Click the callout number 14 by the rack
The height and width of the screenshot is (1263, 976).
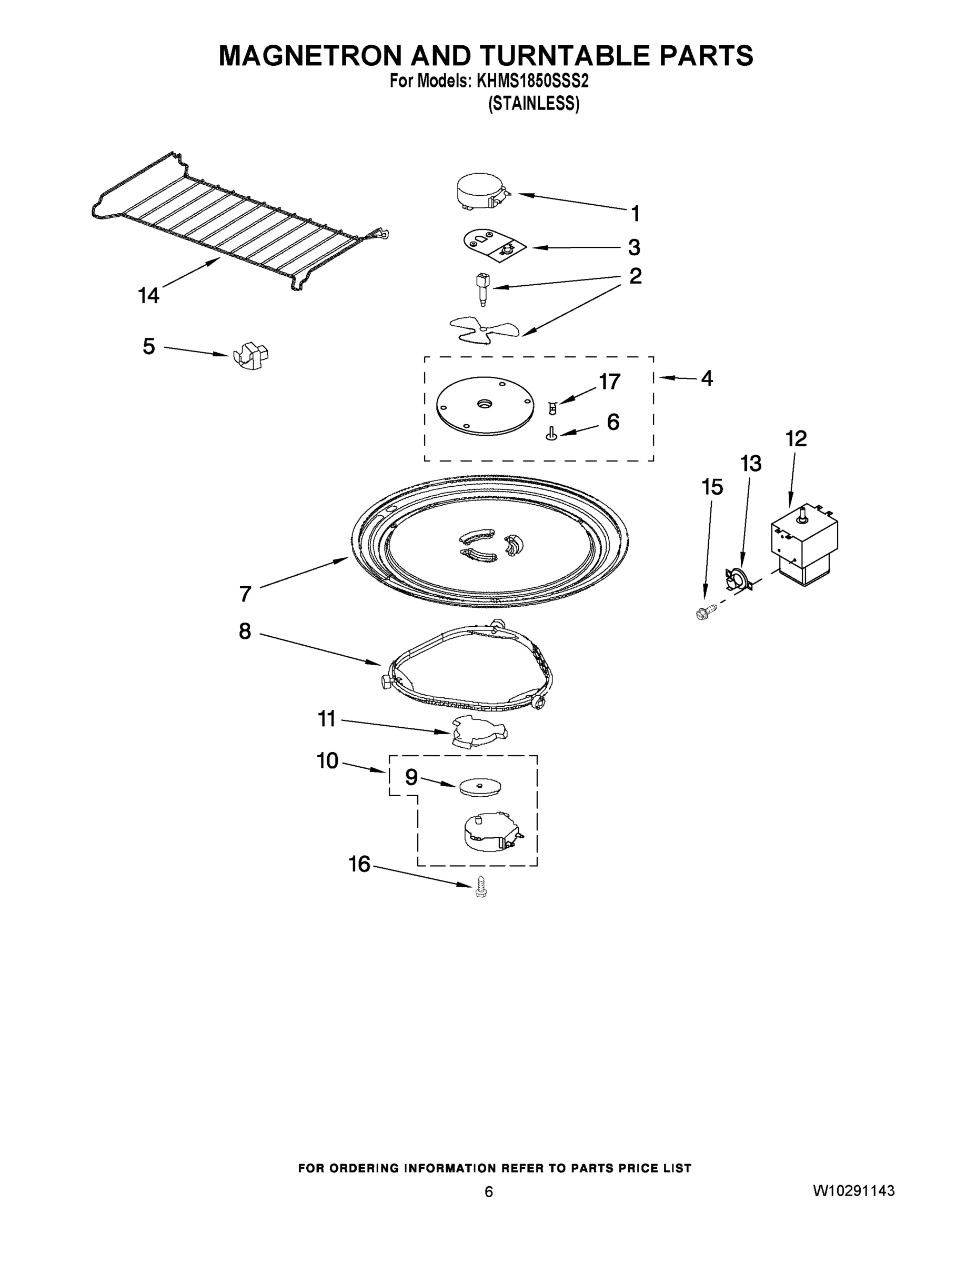coord(148,296)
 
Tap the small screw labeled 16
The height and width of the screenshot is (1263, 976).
coord(479,888)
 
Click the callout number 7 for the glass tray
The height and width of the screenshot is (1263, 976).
coord(245,593)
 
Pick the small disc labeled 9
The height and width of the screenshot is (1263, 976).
coord(480,787)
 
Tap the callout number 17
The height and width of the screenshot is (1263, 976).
coord(609,382)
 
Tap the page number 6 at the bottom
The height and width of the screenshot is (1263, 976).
coord(489,1192)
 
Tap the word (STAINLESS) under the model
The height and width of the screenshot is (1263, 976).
coord(533,104)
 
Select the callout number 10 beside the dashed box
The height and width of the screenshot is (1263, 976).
coord(327,761)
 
